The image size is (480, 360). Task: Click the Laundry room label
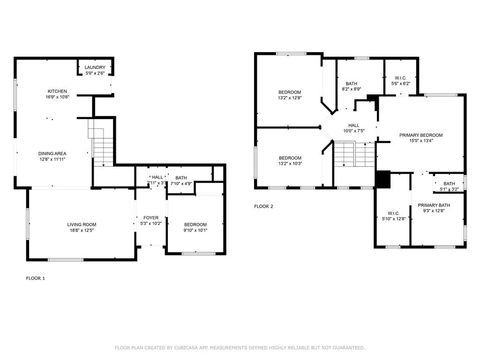(x=95, y=70)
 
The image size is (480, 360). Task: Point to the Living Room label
(x=81, y=226)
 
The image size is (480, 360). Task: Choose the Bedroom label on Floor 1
(x=195, y=227)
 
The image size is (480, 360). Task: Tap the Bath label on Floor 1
(x=181, y=181)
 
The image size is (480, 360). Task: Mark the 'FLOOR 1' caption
(x=35, y=277)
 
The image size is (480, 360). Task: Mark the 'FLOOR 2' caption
(x=263, y=206)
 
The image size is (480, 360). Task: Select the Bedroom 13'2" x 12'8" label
(x=289, y=95)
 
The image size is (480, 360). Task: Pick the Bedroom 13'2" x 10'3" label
(x=290, y=160)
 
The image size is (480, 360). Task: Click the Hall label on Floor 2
(x=353, y=128)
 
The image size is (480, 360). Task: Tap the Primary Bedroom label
(x=420, y=138)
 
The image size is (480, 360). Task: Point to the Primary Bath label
(x=435, y=208)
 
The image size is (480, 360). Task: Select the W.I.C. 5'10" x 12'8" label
(x=392, y=215)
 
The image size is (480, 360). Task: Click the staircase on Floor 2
(x=347, y=155)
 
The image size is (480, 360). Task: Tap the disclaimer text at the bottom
(x=240, y=347)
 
